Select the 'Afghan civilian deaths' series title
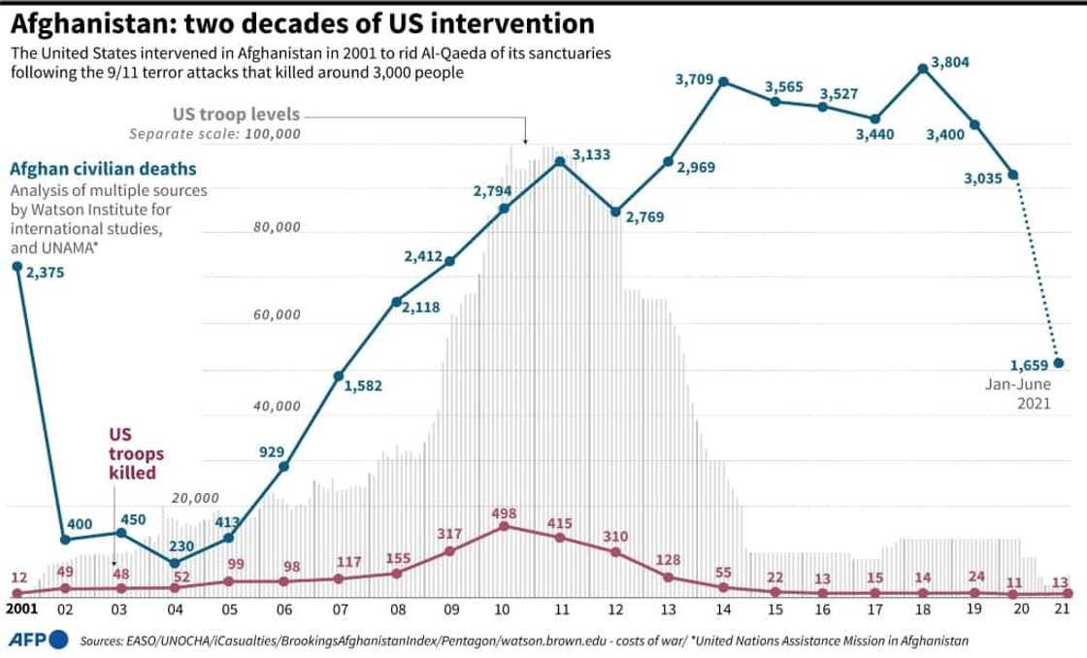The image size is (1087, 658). [91, 168]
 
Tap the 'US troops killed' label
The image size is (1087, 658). [134, 452]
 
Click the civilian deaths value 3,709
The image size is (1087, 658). [695, 79]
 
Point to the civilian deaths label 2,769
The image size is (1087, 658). [645, 217]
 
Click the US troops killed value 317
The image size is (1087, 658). [451, 533]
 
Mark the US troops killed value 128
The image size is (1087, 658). [669, 560]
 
